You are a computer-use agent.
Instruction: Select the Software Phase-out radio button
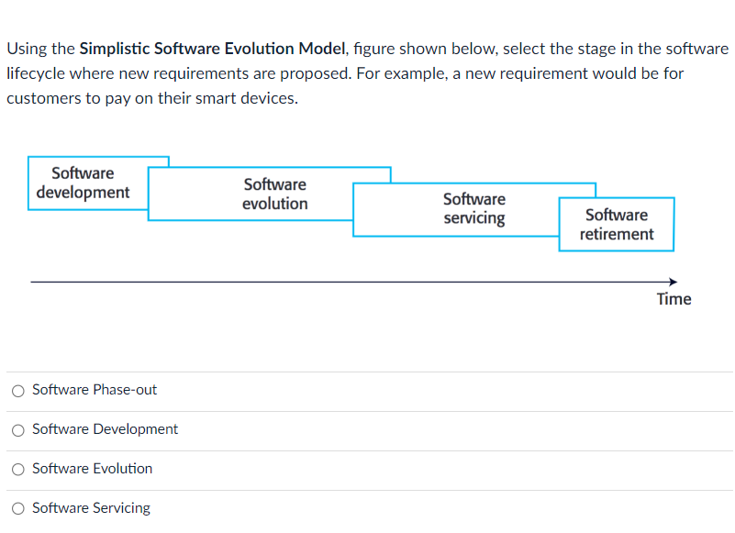(x=18, y=391)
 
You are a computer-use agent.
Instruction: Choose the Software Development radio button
(x=18, y=430)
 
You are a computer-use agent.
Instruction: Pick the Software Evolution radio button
(x=18, y=470)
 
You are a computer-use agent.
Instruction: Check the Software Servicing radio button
(x=18, y=509)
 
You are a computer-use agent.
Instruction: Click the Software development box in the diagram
(x=83, y=183)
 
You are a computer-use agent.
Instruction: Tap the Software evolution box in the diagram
(x=274, y=194)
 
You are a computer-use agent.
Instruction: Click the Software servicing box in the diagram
(x=473, y=209)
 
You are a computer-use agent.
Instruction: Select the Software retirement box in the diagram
(x=617, y=225)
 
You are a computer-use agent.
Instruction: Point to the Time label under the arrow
(x=674, y=299)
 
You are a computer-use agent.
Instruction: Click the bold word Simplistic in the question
(x=116, y=49)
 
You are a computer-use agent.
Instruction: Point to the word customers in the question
(x=41, y=98)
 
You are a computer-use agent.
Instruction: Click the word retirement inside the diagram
(x=617, y=234)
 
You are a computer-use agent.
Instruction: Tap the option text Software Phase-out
(x=95, y=390)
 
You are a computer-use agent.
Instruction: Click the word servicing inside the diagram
(x=473, y=218)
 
